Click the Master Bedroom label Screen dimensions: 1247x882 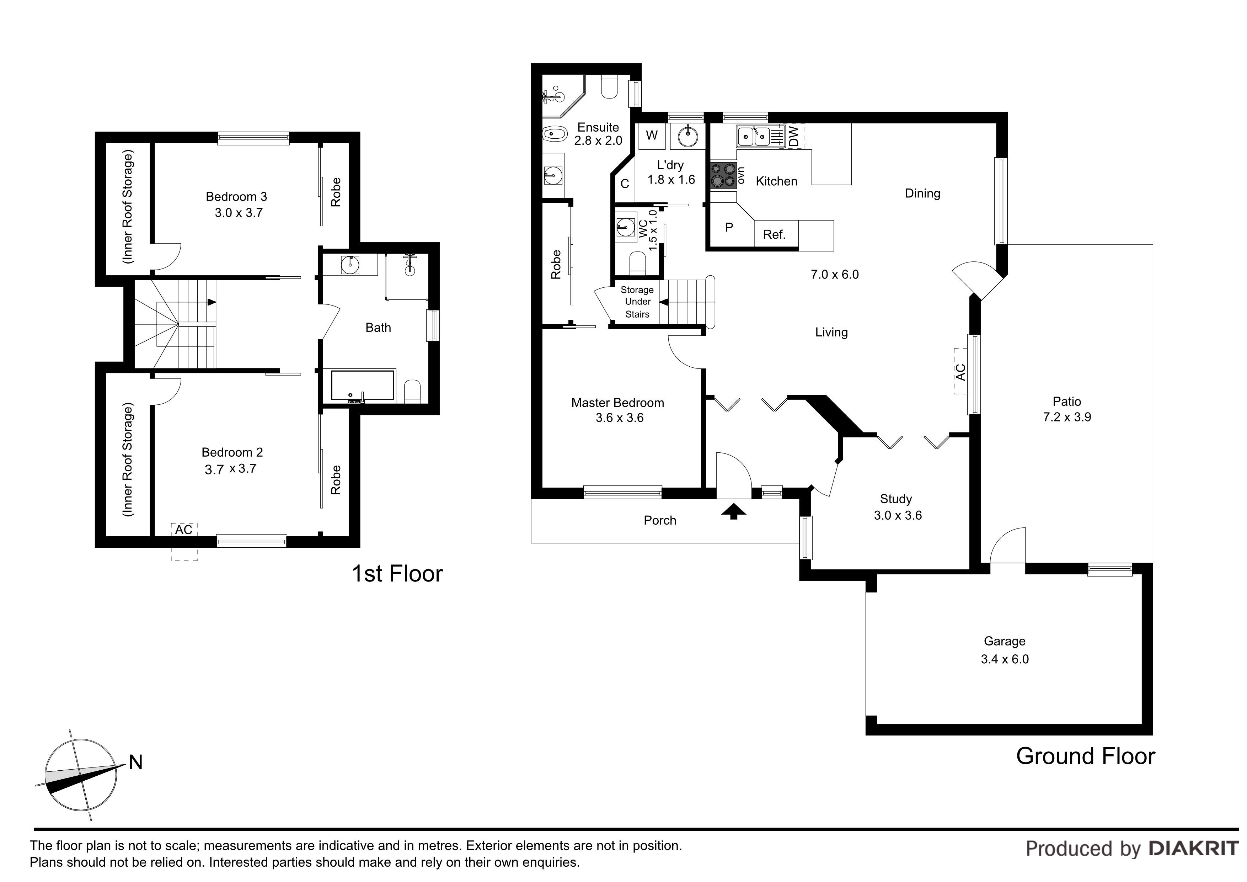(617, 403)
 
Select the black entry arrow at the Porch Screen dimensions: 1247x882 (734, 511)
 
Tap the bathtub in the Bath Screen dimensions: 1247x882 (362, 386)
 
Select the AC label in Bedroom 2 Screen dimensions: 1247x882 (183, 529)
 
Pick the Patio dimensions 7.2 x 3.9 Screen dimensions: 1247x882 (1067, 418)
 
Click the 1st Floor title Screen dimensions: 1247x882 (397, 574)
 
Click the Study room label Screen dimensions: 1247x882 (895, 499)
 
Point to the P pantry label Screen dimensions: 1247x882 (729, 227)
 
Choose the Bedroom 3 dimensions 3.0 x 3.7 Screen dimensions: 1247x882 (239, 213)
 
